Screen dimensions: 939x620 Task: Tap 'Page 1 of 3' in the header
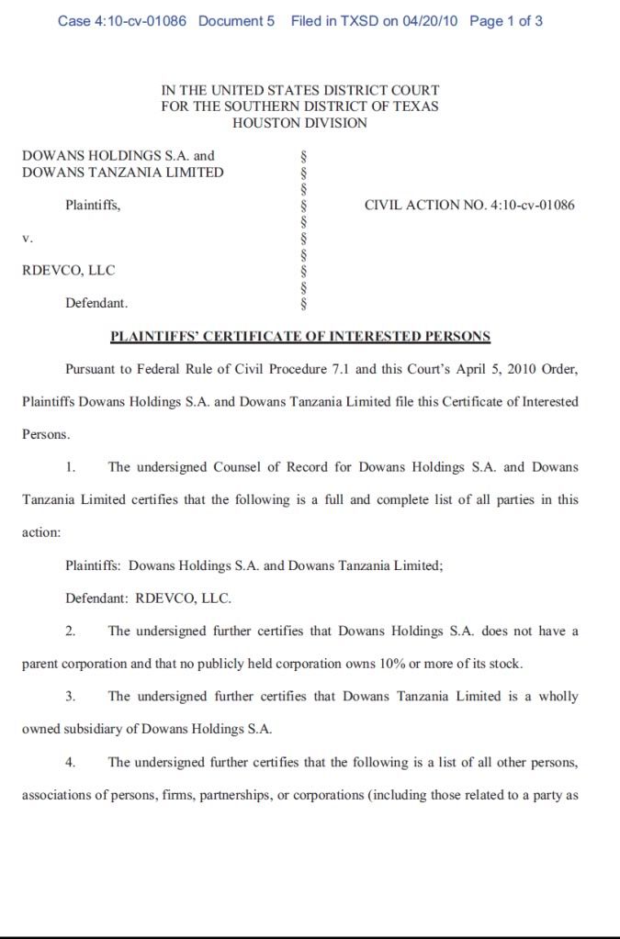(506, 20)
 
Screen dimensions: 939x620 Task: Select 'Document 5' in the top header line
(236, 20)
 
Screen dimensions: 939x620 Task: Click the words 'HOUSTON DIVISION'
(299, 123)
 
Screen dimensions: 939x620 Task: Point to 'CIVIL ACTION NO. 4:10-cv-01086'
(469, 205)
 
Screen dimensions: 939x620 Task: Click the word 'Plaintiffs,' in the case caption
(93, 205)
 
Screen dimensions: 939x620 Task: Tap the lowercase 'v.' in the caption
(28, 237)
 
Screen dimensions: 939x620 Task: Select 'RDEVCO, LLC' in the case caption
(69, 270)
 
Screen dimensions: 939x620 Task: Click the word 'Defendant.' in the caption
(96, 303)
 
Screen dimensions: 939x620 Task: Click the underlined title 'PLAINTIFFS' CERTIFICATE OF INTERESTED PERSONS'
(299, 336)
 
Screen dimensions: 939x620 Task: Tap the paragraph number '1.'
(71, 467)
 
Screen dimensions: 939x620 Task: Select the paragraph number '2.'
(71, 632)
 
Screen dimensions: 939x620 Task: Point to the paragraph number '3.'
(71, 697)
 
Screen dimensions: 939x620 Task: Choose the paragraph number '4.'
(71, 762)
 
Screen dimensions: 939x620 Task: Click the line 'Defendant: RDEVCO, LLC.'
(148, 598)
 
